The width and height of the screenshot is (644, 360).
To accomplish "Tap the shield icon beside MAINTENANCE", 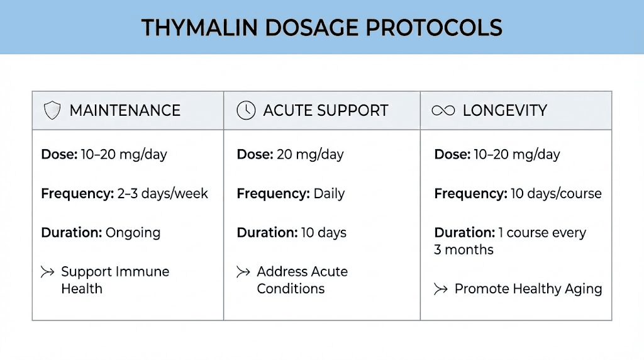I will coord(52,111).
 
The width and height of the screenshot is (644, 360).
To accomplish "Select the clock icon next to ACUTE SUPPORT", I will coord(246,111).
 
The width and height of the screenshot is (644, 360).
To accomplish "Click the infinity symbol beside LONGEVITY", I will coord(443,111).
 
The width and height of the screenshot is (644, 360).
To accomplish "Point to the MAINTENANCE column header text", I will coord(125,111).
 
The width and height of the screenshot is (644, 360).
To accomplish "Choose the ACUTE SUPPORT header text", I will coord(326,111).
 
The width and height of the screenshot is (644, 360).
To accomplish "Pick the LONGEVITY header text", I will coord(505,111).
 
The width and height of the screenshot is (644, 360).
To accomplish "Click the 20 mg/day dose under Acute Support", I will coord(310,154).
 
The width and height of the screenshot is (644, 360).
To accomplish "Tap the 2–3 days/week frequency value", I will coord(162,193).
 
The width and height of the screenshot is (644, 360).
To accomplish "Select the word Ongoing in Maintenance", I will coord(133,232).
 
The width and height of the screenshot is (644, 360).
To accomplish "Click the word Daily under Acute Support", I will coord(329,193).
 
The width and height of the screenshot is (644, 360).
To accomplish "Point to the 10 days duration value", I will coord(323,232).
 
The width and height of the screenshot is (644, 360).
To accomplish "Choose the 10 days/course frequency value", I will coord(556,193).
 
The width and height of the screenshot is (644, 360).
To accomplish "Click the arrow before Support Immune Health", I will coord(47,273).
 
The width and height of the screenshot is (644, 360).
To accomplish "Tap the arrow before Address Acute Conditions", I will coord(243,273).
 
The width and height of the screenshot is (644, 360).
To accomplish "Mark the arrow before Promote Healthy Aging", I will coord(441,290).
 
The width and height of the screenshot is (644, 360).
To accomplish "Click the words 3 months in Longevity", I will coord(464,250).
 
